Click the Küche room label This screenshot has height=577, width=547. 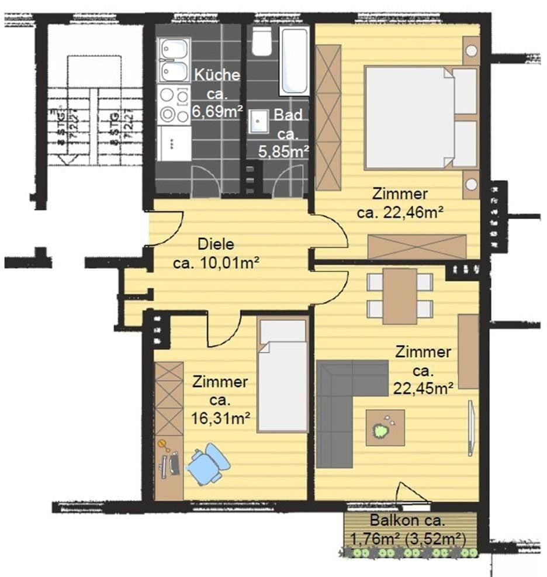click(x=217, y=75)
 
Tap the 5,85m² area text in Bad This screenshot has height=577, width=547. click(x=283, y=151)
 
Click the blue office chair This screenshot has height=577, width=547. click(x=207, y=464)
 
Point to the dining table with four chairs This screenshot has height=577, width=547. click(x=400, y=295)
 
